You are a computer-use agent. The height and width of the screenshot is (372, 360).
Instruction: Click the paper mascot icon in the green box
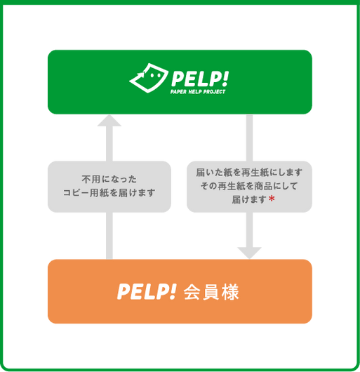pyautogui.click(x=149, y=79)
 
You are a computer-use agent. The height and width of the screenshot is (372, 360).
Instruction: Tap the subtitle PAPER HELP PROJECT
pyautogui.click(x=198, y=91)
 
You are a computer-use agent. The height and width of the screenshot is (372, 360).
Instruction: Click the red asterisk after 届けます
pyautogui.click(x=272, y=199)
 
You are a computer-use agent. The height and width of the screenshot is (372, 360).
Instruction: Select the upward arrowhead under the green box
pyautogui.click(x=109, y=121)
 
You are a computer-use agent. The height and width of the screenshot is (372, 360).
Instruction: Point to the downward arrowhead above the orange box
pyautogui.click(x=249, y=253)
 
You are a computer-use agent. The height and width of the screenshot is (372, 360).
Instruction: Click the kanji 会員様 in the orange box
pyautogui.click(x=211, y=292)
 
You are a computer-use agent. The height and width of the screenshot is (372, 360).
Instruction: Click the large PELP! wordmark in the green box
pyautogui.click(x=200, y=79)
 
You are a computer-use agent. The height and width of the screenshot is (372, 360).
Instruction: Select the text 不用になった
pyautogui.click(x=109, y=179)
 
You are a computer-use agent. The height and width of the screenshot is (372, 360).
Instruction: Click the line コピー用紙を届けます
pyautogui.click(x=109, y=192)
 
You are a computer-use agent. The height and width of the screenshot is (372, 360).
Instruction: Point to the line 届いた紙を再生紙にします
pyautogui.click(x=249, y=172)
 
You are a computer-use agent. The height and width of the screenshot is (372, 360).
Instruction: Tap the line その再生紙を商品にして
pyautogui.click(x=249, y=186)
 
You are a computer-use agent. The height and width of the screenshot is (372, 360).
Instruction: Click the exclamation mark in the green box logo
pyautogui.click(x=225, y=78)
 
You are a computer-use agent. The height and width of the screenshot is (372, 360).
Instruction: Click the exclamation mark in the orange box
pyautogui.click(x=173, y=291)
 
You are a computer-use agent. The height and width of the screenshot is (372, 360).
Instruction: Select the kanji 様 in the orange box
pyautogui.click(x=230, y=292)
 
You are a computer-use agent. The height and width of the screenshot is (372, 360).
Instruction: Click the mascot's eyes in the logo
pyautogui.click(x=155, y=75)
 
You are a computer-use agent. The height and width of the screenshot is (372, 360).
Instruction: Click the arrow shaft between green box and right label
pyautogui.click(x=249, y=138)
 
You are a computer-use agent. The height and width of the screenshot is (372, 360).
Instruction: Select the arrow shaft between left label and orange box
pyautogui.click(x=109, y=236)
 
